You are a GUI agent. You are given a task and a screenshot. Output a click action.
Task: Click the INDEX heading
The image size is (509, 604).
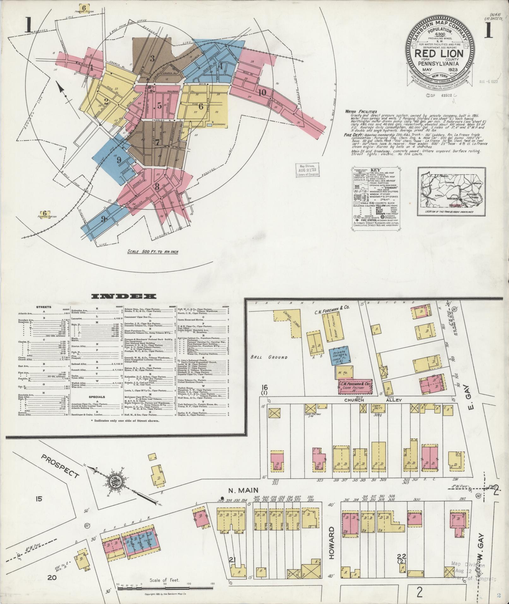(x=124, y=296)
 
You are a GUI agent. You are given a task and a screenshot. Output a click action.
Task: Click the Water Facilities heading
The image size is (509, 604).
(x=361, y=111)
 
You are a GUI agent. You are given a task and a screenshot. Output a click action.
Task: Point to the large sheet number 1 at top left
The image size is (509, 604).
(x=28, y=25)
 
